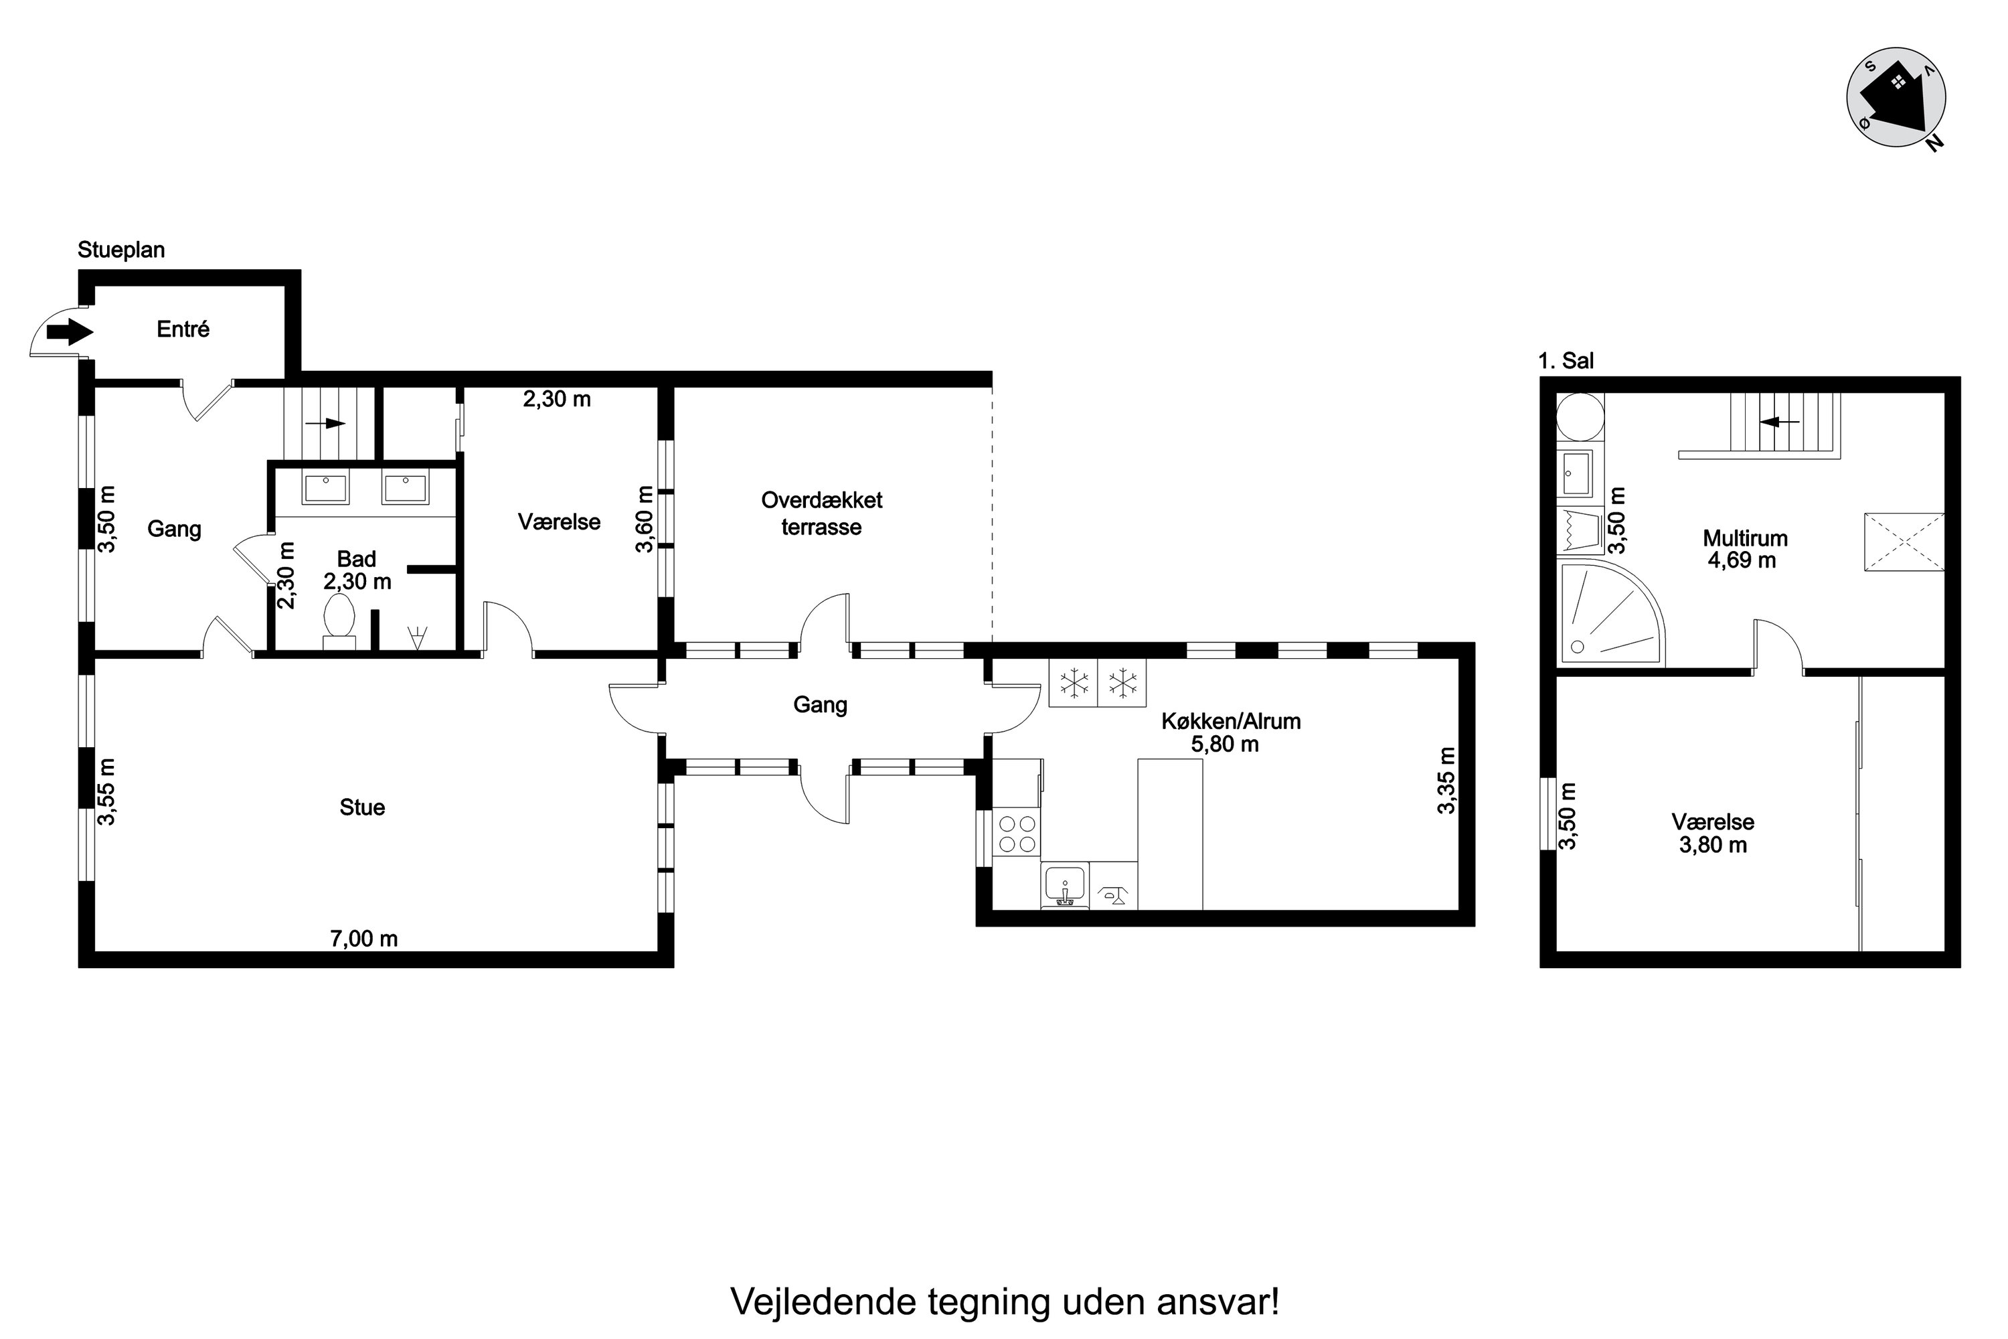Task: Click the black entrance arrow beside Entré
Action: point(69,329)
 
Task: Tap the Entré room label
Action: point(183,329)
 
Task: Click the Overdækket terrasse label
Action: point(821,514)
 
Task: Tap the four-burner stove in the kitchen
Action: point(1017,834)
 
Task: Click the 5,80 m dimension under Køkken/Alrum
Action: point(1225,744)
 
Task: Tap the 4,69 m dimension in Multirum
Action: point(1742,561)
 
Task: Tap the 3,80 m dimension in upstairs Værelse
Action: point(1713,846)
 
